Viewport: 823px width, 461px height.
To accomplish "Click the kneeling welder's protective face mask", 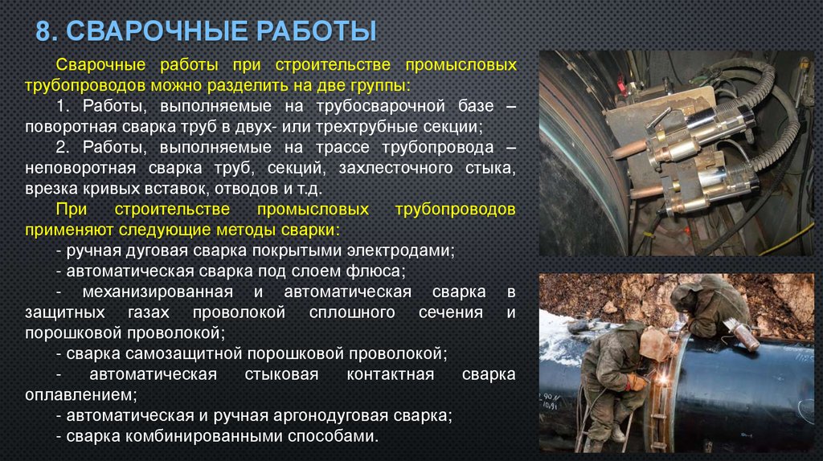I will click(655, 345).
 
